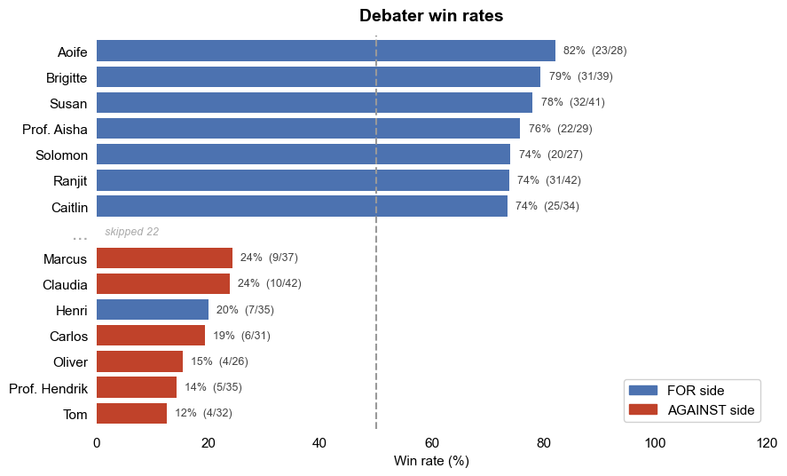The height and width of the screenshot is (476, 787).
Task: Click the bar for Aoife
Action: pyautogui.click(x=326, y=51)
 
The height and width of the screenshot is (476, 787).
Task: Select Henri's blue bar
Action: pyautogui.click(x=153, y=309)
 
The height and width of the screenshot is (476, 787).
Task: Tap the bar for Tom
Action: pyautogui.click(x=131, y=413)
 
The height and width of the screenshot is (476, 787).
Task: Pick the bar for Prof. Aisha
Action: pyautogui.click(x=308, y=129)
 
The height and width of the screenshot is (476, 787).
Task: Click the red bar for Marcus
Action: pyautogui.click(x=165, y=258)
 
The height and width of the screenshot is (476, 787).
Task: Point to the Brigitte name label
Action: pyautogui.click(x=67, y=78)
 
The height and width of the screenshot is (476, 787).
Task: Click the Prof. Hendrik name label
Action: pyautogui.click(x=48, y=389)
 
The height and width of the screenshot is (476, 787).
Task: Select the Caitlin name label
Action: pyautogui.click(x=69, y=208)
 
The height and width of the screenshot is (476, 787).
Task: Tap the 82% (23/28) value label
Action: pyautogui.click(x=594, y=51)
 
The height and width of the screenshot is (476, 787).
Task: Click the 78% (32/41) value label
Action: pyautogui.click(x=572, y=102)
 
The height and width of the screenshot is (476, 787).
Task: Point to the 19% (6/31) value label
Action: pyautogui.click(x=241, y=336)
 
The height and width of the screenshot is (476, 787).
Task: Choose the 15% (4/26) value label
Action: pyautogui.click(x=219, y=361)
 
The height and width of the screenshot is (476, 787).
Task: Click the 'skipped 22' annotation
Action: pyautogui.click(x=131, y=232)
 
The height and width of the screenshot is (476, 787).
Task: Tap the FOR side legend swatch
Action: pyautogui.click(x=643, y=390)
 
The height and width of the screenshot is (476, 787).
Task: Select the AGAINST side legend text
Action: pyautogui.click(x=711, y=410)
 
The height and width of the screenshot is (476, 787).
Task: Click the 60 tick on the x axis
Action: pyautogui.click(x=431, y=443)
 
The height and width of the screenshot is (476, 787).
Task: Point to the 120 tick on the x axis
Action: pyautogui.click(x=767, y=443)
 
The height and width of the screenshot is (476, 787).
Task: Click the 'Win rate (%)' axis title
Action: pyautogui.click(x=431, y=460)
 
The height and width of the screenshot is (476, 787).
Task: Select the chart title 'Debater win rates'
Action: pyautogui.click(x=431, y=16)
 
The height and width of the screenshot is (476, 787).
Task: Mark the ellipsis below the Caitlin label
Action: pyautogui.click(x=80, y=238)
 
